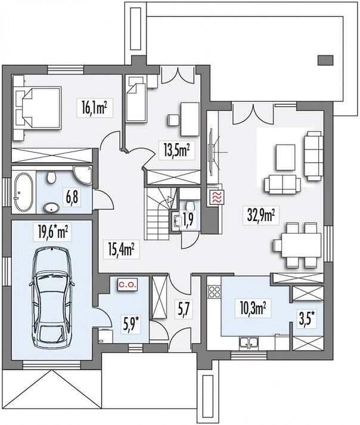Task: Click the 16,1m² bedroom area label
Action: pyautogui.click(x=94, y=108)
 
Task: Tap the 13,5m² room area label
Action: pyautogui.click(x=176, y=151)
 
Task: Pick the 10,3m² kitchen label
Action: pyautogui.click(x=253, y=309)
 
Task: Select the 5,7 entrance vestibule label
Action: pyautogui.click(x=185, y=310)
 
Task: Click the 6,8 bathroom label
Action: pyautogui.click(x=72, y=197)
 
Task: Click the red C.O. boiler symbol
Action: pyautogui.click(x=128, y=285)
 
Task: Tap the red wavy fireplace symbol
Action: pyautogui.click(x=216, y=197)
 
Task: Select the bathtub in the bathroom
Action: pyautogui.click(x=23, y=192)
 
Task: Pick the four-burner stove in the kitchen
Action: pyautogui.click(x=215, y=292)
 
